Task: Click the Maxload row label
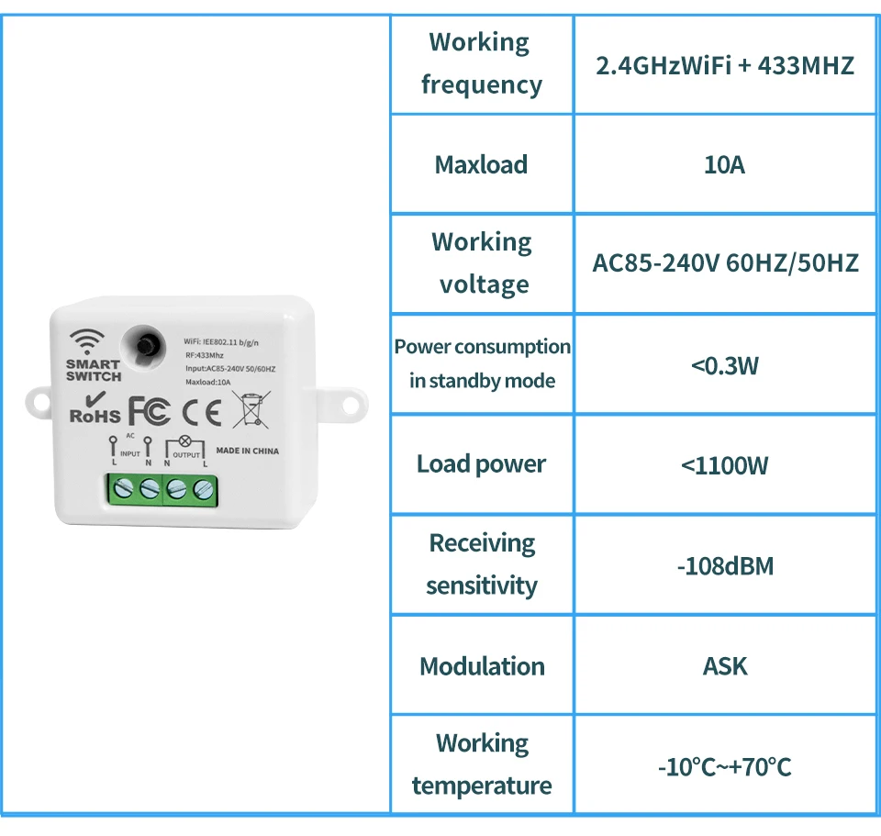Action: [481, 165]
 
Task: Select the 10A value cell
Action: [724, 165]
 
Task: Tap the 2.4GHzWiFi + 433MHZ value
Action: [724, 66]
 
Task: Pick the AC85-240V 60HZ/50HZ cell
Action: [725, 264]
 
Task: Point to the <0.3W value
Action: [724, 366]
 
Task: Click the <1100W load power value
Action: [724, 465]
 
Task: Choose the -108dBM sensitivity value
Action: [724, 566]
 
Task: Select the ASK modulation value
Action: [724, 666]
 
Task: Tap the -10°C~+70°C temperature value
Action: [724, 766]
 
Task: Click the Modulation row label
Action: [482, 666]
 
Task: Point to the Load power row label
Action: [481, 464]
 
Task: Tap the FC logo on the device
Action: [149, 411]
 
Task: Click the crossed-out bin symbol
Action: [251, 409]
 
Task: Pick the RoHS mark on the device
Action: [95, 411]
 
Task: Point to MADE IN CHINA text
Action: [247, 451]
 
